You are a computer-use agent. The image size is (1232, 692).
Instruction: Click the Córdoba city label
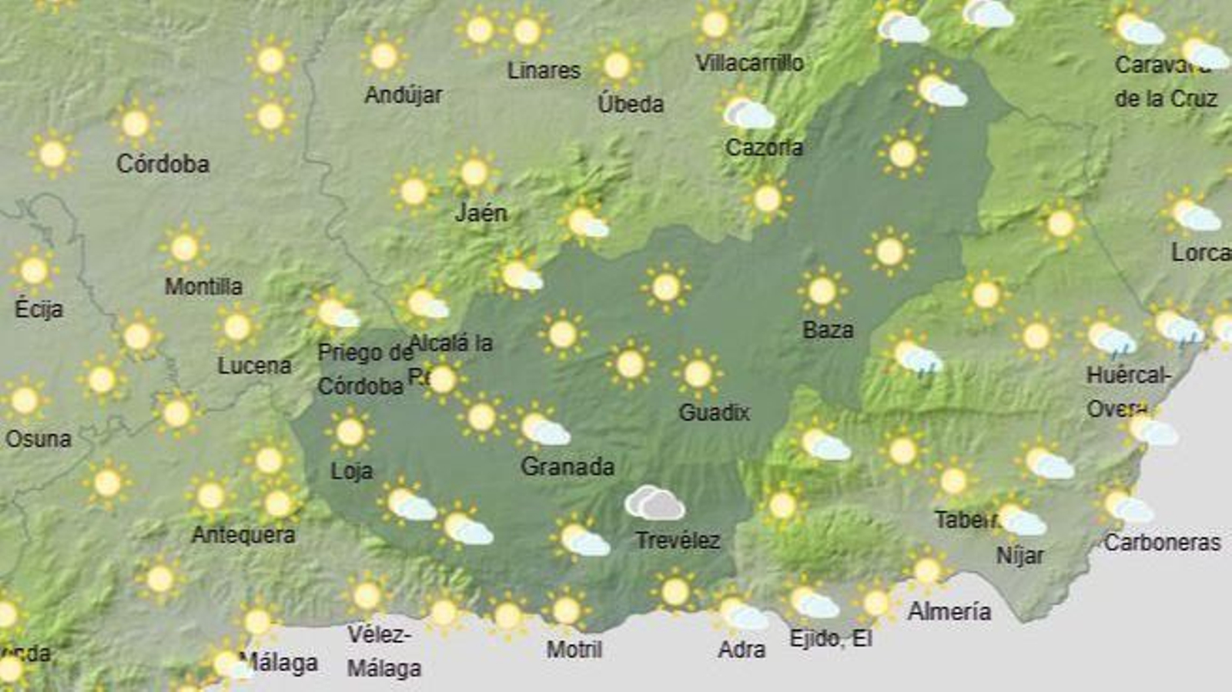[162, 164]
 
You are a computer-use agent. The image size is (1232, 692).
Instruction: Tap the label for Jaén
[481, 212]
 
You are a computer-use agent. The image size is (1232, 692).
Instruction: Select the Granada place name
[567, 466]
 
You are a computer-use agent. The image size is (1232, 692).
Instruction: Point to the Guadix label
[714, 413]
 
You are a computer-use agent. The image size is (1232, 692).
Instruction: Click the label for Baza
[828, 330]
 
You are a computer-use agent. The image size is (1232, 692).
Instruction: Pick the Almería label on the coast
[949, 612]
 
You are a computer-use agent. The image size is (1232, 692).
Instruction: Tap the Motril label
[574, 650]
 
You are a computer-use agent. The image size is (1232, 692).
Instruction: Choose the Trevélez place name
[678, 540]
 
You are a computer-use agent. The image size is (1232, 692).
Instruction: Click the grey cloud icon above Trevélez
[654, 503]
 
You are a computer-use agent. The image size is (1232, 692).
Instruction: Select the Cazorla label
[764, 147]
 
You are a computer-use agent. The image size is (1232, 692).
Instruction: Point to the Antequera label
[243, 534]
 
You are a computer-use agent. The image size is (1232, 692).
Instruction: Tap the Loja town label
[352, 470]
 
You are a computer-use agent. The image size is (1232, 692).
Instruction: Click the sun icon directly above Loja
[350, 432]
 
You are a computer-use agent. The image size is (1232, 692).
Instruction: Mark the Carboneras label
[1162, 543]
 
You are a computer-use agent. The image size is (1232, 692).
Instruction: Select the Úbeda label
[631, 103]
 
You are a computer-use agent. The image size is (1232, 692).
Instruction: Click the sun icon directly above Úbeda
[617, 66]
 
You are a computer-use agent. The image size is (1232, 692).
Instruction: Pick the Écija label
[38, 309]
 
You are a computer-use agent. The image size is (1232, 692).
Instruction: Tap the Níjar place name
[1020, 555]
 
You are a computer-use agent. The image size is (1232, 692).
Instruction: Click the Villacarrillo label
[749, 63]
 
